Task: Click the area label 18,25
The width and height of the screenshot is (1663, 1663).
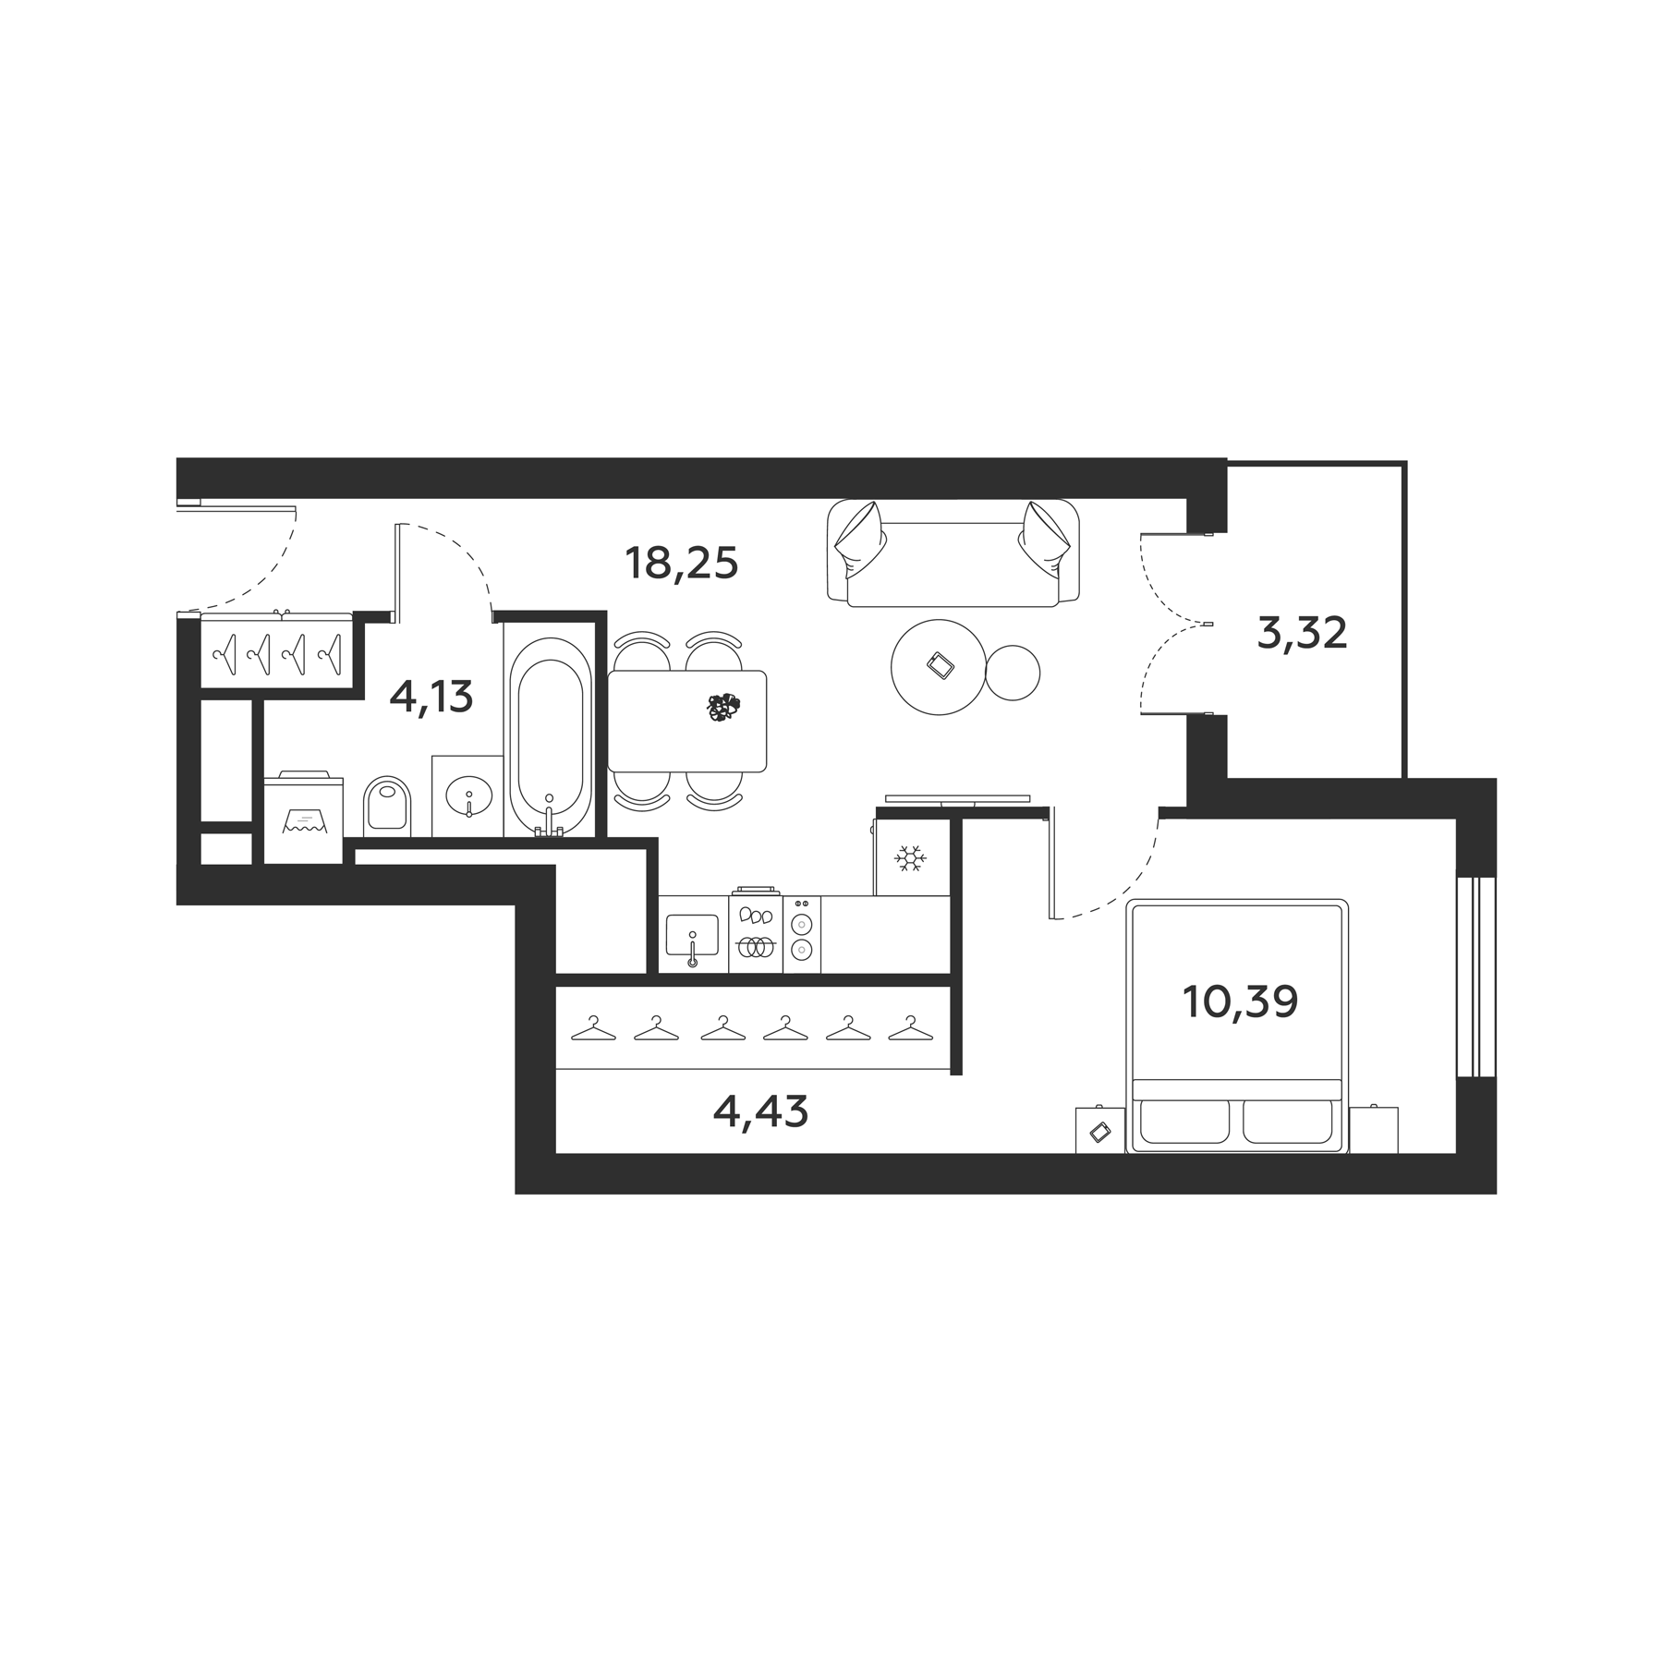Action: click(682, 563)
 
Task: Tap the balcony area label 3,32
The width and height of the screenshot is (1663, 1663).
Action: click(1302, 634)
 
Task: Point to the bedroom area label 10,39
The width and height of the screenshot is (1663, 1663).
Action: click(1240, 1001)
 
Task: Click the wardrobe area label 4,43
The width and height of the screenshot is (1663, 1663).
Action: click(760, 1111)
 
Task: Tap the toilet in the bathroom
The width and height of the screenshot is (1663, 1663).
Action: click(387, 804)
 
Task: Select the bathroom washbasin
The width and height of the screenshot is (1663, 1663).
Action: click(468, 795)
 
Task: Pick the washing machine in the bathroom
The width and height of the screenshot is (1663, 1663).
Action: click(304, 819)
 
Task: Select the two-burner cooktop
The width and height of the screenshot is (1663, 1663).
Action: click(802, 934)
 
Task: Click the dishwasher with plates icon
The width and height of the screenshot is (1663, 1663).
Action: click(756, 934)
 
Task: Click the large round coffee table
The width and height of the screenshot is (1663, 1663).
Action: click(937, 666)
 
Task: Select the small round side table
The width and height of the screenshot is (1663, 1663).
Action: click(1013, 673)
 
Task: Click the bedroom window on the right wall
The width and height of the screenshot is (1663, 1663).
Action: click(1475, 977)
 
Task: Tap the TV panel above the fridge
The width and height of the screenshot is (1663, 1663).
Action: click(957, 798)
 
